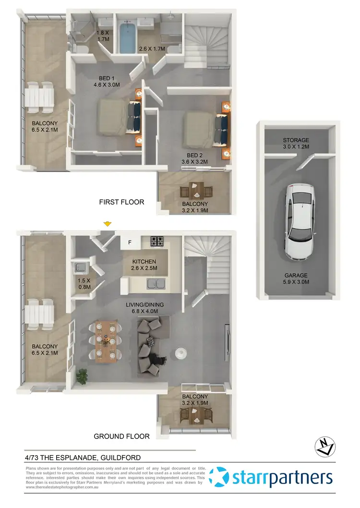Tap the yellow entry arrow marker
[108, 224]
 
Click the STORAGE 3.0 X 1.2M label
[296, 144]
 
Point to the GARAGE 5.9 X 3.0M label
[296, 279]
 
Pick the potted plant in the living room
[82, 375]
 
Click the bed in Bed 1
[118, 116]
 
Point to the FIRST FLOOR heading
[121, 202]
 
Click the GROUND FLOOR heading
[121, 436]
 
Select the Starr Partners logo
[271, 478]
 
